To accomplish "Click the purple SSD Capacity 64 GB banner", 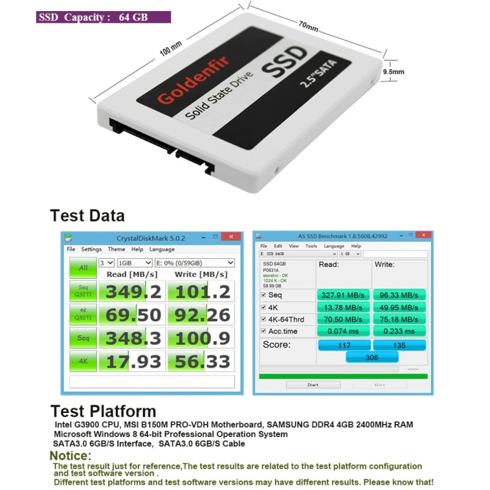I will click(103, 17).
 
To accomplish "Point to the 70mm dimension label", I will click(308, 27).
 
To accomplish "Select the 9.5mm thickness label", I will click(393, 72).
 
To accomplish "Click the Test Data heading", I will click(88, 216).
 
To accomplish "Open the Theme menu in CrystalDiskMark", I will click(116, 249).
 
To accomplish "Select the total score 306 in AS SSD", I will click(371, 357).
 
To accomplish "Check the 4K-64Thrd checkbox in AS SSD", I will click(263, 319).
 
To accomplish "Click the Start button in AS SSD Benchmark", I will click(313, 385).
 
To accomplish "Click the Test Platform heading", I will click(103, 411).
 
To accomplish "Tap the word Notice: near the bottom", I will click(75, 455).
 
